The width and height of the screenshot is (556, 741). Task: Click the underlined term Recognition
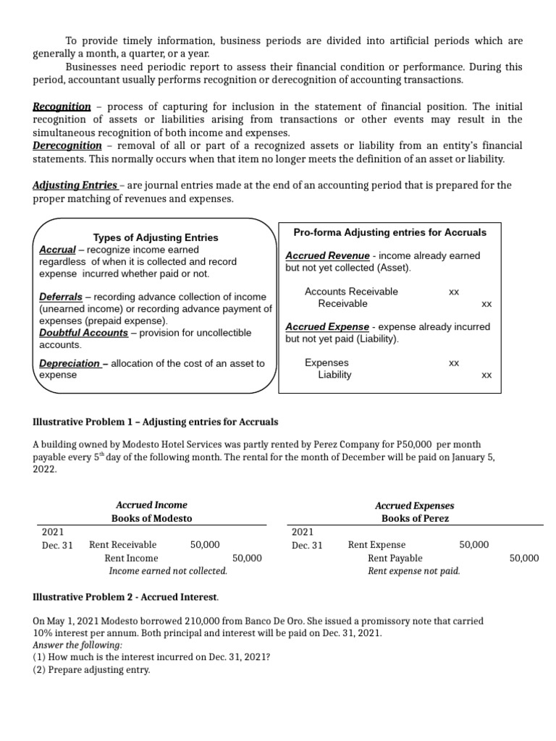coord(62,106)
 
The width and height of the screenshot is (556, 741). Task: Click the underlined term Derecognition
coord(67,145)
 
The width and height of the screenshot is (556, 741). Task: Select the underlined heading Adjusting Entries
coord(75,185)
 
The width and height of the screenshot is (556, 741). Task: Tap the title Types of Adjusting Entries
coord(156,237)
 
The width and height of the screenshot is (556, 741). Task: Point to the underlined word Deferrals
coord(61,297)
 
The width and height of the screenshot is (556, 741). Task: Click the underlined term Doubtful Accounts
coord(83,333)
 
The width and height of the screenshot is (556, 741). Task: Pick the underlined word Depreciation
coord(69,363)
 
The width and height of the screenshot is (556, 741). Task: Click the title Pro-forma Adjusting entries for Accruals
coord(389,232)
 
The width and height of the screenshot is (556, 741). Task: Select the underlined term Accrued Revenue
coord(327,255)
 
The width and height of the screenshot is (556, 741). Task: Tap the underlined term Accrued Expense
coord(327,326)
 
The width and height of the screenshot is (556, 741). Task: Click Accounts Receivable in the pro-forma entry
coord(351,292)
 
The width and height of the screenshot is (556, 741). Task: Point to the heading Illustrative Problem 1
coord(155,422)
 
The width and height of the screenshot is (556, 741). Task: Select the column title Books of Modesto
coord(151,518)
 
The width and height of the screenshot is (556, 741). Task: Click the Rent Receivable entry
coord(122,545)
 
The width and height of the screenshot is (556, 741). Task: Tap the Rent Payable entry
coord(395,558)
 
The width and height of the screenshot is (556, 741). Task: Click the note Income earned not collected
coord(168,571)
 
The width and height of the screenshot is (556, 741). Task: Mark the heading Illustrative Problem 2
coord(125,597)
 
